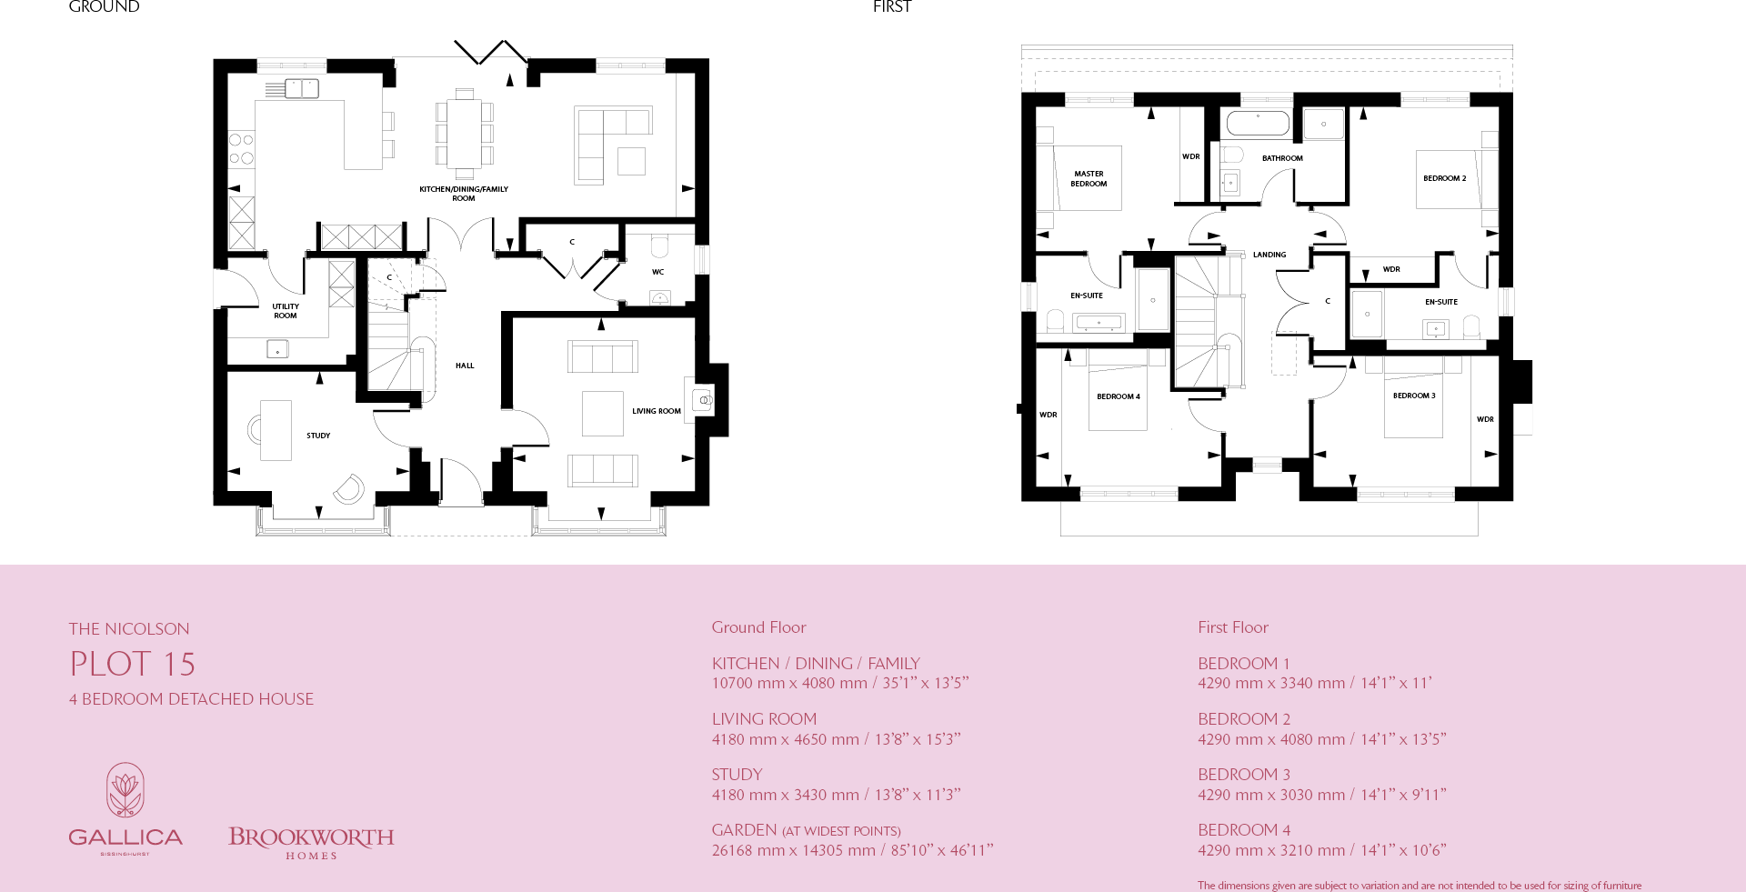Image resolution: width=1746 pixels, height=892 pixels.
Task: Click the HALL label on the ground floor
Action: pyautogui.click(x=465, y=366)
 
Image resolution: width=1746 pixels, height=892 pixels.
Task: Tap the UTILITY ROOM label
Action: pyautogui.click(x=286, y=311)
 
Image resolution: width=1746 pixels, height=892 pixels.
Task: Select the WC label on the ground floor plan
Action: pyautogui.click(x=657, y=272)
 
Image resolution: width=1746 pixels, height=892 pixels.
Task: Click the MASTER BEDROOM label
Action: pyautogui.click(x=1089, y=178)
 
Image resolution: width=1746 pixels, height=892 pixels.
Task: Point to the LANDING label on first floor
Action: pyautogui.click(x=1269, y=255)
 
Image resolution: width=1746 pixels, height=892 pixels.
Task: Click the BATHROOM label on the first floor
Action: pyautogui.click(x=1282, y=158)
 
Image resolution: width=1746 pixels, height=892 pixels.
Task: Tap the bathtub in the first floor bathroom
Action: pyautogui.click(x=1258, y=124)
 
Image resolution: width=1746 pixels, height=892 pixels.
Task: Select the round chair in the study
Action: pyautogui.click(x=349, y=489)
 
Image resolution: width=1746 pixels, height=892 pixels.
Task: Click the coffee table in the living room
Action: pyautogui.click(x=603, y=414)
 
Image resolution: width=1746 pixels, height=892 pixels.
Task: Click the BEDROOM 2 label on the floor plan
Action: pyautogui.click(x=1444, y=178)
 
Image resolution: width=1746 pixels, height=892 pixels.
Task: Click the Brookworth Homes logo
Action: pyautogui.click(x=311, y=841)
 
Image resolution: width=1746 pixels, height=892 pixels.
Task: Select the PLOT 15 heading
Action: pyautogui.click(x=133, y=664)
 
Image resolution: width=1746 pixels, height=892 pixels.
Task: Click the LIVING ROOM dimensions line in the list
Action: pyautogui.click(x=836, y=739)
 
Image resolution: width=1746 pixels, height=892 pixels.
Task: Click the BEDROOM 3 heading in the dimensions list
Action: pyautogui.click(x=1243, y=775)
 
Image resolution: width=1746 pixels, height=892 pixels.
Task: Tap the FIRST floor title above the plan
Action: pyautogui.click(x=891, y=7)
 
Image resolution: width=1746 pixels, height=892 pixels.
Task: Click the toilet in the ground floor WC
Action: pyautogui.click(x=659, y=246)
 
